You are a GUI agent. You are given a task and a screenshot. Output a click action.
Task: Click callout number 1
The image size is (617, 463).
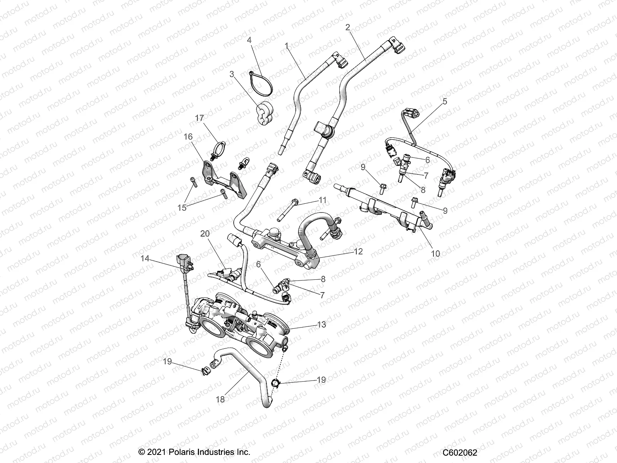(x=286, y=46)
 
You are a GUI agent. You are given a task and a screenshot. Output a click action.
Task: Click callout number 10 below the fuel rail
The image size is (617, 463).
(x=435, y=253)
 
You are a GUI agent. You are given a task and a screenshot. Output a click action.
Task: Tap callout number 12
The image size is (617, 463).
(x=358, y=251)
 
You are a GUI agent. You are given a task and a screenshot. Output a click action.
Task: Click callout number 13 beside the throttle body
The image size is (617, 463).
(x=321, y=324)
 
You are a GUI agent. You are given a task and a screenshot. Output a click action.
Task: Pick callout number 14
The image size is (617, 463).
(x=145, y=259)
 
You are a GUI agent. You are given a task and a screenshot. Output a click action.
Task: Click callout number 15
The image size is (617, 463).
(x=182, y=208)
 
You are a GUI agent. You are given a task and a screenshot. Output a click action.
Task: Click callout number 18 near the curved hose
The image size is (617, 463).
(x=220, y=399)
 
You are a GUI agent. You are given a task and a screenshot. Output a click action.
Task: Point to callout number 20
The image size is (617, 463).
(x=205, y=233)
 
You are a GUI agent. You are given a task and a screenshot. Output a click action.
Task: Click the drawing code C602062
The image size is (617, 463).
(x=460, y=453)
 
